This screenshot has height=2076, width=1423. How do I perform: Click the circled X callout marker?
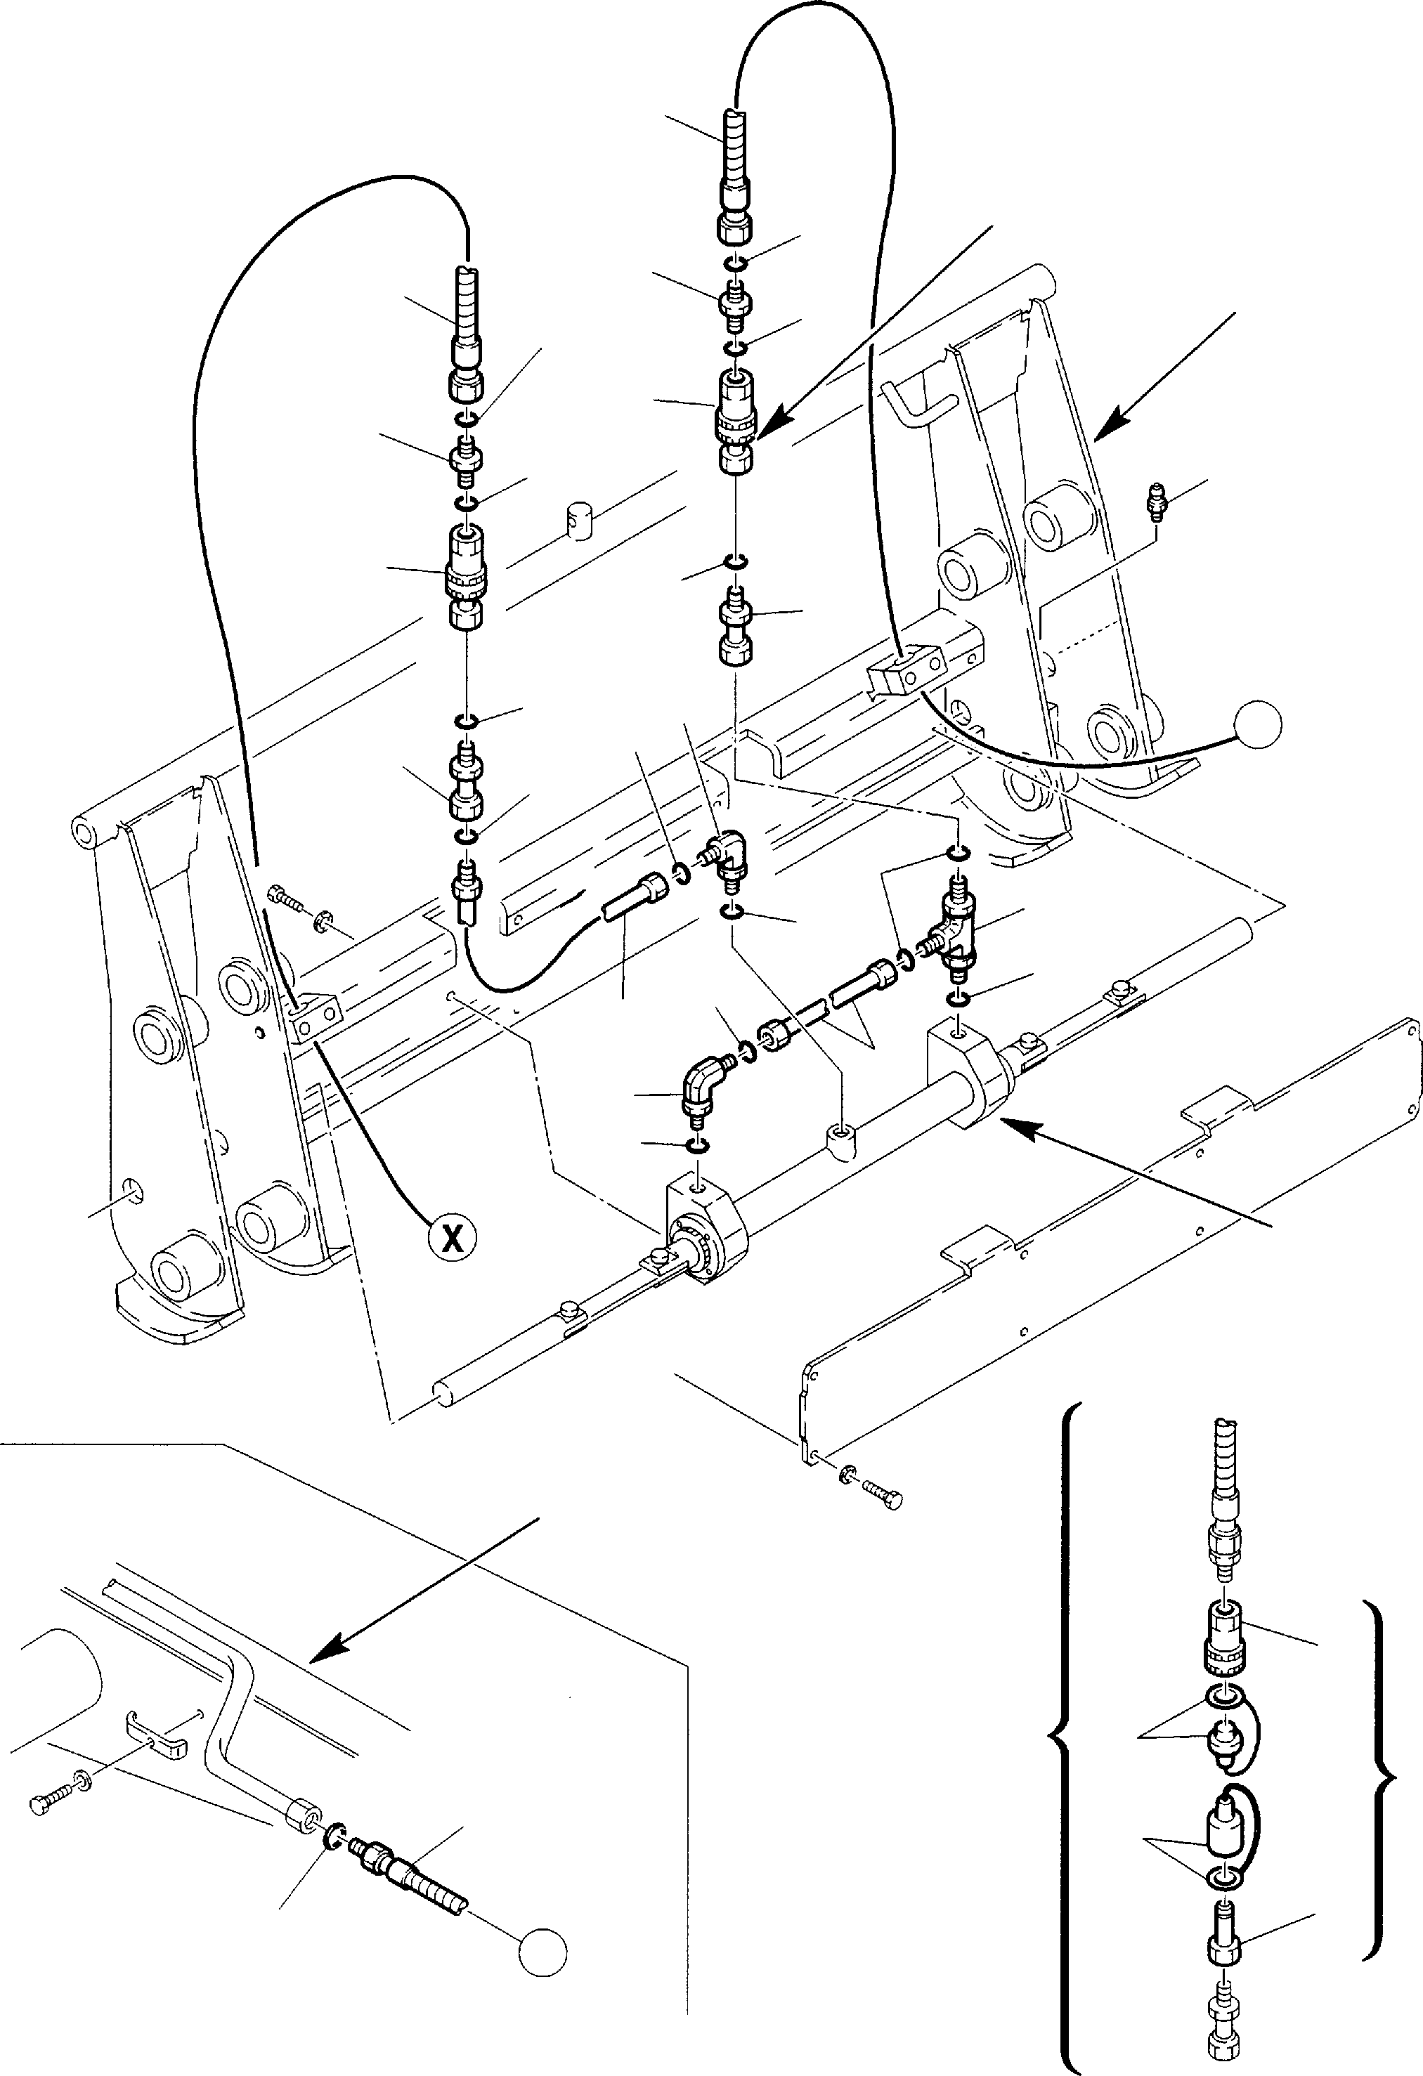[x=453, y=1236]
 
